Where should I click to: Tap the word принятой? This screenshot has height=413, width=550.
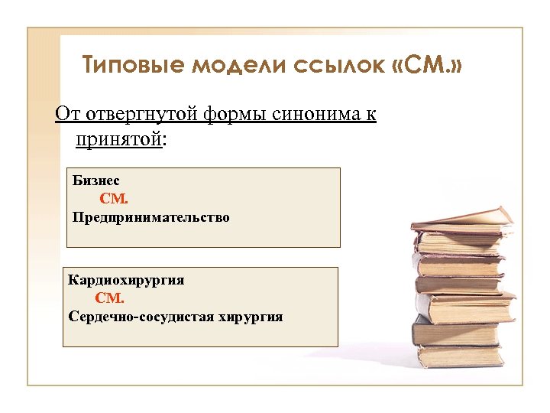[x=118, y=140]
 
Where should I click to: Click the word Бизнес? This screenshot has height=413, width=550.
[x=96, y=181]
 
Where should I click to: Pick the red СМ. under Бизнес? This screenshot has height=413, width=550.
[x=115, y=200]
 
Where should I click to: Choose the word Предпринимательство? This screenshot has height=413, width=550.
[x=151, y=218]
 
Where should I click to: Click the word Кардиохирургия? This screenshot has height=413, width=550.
[x=126, y=281]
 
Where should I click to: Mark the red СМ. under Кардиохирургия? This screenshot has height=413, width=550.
[x=109, y=299]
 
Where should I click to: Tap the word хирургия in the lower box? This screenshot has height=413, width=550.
[x=251, y=317]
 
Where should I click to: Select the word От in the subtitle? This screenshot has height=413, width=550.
[x=66, y=115]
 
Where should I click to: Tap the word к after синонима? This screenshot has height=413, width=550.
[x=370, y=115]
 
